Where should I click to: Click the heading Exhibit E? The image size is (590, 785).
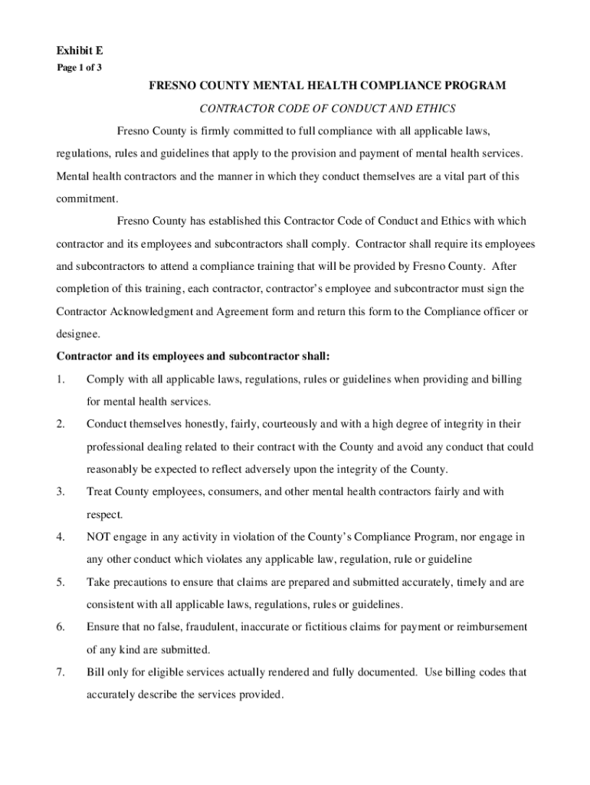coord(80,51)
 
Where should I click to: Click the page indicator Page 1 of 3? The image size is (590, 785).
coord(79,67)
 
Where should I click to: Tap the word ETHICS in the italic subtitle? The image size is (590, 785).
coord(435,108)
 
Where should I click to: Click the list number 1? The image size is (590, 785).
coord(61,379)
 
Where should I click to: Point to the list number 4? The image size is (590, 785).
coord(61,537)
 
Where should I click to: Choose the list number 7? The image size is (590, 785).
coord(61,672)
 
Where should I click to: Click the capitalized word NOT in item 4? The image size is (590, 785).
coord(100,537)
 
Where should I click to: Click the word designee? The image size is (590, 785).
coord(77,334)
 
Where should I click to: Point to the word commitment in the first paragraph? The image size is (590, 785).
coord(87,199)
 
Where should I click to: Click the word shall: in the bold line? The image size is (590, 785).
coord(313,356)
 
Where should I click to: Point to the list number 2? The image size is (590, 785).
coord(61,424)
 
